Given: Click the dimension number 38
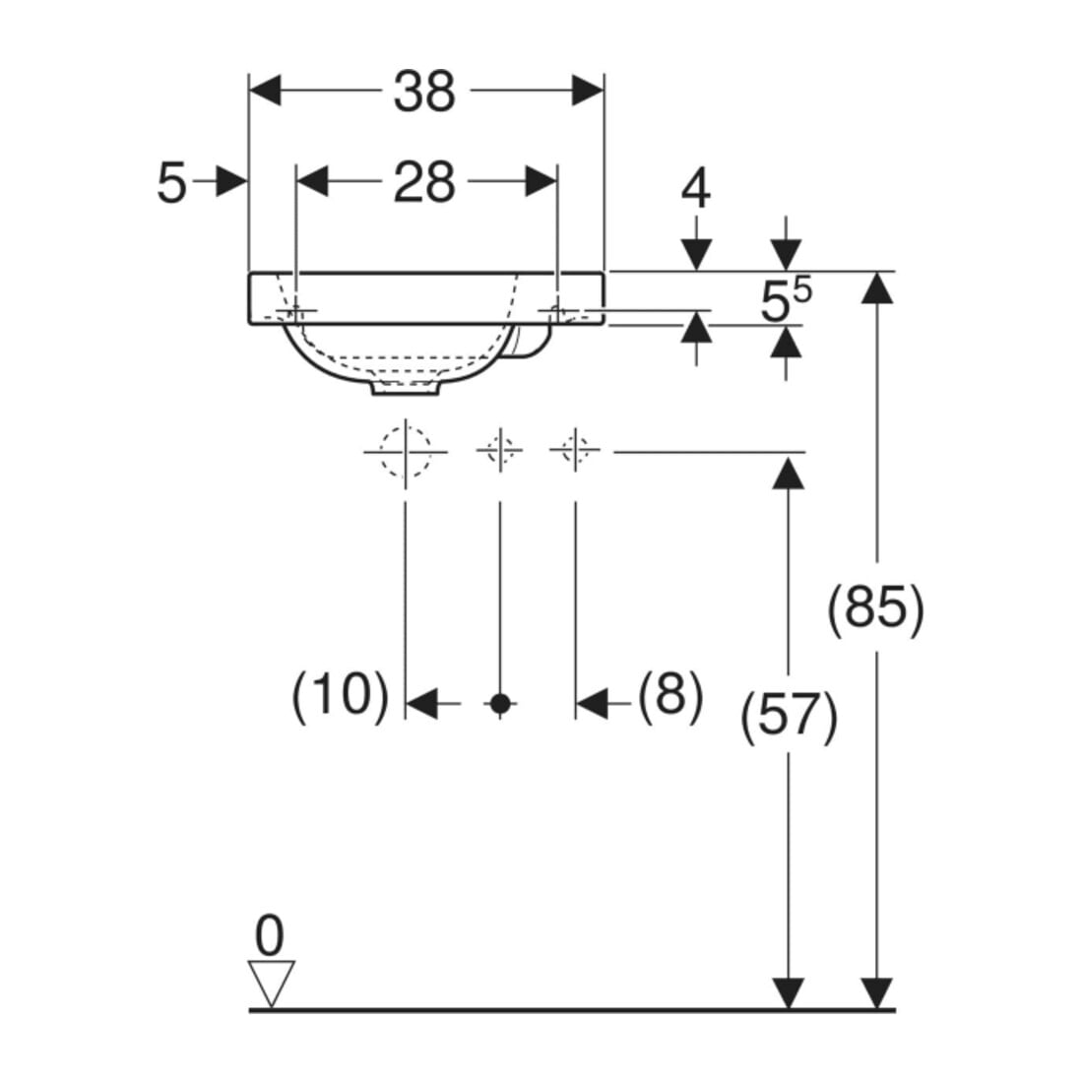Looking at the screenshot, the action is (424, 92).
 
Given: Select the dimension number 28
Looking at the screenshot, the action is (424, 182).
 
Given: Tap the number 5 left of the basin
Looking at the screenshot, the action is (172, 183).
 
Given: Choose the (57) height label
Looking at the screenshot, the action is (789, 716).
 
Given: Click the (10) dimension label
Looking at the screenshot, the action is (342, 695).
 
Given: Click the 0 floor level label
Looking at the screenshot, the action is (270, 936).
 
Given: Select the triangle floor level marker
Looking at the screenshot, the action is (271, 984).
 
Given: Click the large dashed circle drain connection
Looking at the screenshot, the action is (406, 453).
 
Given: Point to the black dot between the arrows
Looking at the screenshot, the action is (500, 704).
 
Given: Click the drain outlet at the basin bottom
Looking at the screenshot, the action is (406, 388).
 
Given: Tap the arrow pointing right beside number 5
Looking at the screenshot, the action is (220, 181).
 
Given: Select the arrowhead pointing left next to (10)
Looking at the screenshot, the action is (422, 704).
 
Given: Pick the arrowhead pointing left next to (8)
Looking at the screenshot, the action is (593, 704).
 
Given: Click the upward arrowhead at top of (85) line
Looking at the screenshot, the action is (877, 287).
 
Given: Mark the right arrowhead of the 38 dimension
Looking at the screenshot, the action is (588, 91).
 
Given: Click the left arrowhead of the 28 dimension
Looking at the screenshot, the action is (312, 182).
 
